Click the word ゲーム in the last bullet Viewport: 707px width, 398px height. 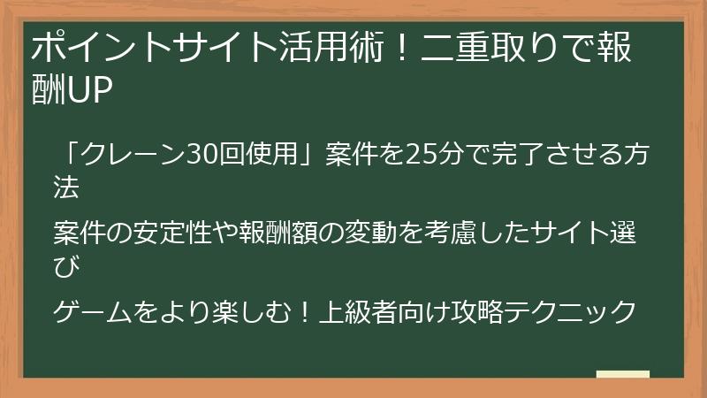[x=92, y=311]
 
